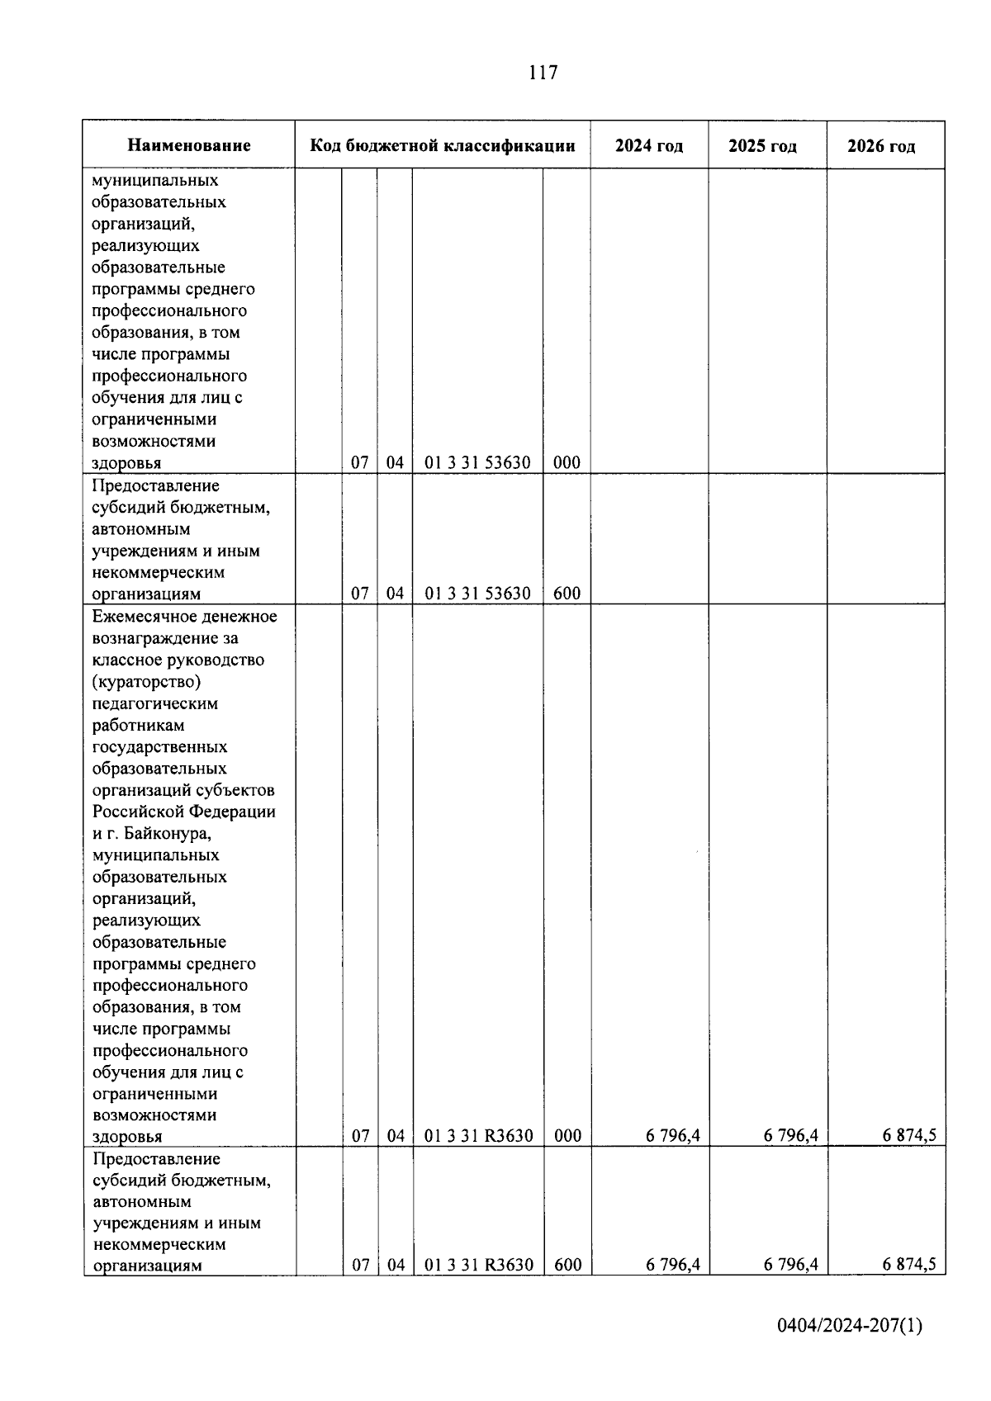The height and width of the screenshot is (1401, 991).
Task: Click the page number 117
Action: click(543, 73)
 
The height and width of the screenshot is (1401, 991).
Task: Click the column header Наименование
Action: click(189, 146)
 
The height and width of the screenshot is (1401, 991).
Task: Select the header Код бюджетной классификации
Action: click(443, 146)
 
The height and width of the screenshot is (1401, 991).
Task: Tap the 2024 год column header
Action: click(649, 146)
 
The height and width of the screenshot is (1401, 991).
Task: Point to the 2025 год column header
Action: click(762, 147)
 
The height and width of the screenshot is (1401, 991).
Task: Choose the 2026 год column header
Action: click(881, 147)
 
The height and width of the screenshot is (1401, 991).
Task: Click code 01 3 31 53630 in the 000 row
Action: click(477, 462)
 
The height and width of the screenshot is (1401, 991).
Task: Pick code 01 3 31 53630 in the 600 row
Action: click(477, 593)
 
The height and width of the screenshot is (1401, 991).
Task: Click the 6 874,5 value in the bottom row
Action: click(909, 1265)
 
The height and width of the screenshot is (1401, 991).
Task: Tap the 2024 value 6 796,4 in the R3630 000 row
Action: click(673, 1135)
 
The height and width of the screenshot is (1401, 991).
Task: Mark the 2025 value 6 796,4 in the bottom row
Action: click(791, 1265)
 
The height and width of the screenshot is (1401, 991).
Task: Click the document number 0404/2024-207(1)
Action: click(850, 1326)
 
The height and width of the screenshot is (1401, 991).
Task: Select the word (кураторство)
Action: click(147, 682)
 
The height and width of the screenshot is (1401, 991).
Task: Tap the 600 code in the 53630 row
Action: click(567, 593)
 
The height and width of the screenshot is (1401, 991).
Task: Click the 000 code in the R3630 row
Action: click(567, 1135)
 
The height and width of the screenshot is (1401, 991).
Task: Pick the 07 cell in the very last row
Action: click(361, 1265)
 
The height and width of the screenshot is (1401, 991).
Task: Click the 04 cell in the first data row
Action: click(396, 462)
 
